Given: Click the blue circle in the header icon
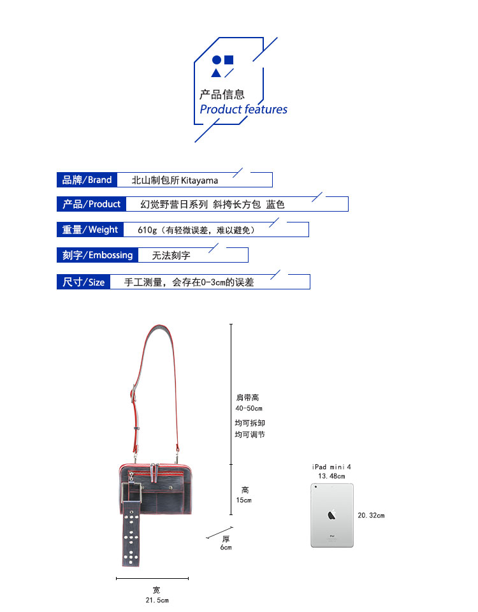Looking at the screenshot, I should (x=217, y=61).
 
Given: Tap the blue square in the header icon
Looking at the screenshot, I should (x=229, y=60).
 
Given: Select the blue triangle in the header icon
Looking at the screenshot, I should (x=217, y=73).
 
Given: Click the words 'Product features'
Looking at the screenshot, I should (x=243, y=110).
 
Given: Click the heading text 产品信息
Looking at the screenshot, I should (x=222, y=94).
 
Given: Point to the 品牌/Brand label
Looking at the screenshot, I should (x=87, y=180).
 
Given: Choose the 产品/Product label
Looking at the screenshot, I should (x=91, y=204).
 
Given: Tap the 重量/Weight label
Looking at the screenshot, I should (x=90, y=229).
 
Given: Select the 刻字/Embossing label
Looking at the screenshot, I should (x=98, y=255).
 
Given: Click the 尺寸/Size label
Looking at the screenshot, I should (x=83, y=282).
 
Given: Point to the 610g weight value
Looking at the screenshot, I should (x=147, y=230).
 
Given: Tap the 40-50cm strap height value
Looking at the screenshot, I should (x=249, y=409).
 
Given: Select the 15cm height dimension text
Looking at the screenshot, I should (x=244, y=500).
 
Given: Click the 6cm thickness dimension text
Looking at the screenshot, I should (x=226, y=548).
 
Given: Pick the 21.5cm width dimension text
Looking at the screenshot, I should (x=157, y=601).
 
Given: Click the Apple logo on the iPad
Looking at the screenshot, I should (x=331, y=514).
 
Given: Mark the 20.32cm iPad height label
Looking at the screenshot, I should (x=372, y=515).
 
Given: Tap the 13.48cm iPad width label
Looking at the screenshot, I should (x=331, y=476).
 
